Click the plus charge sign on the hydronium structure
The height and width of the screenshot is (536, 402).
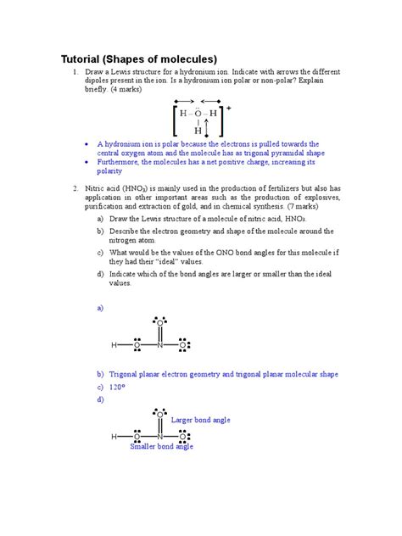(x=229, y=109)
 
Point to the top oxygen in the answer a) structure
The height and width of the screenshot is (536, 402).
(x=159, y=322)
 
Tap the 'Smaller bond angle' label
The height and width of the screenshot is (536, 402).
(x=161, y=446)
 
